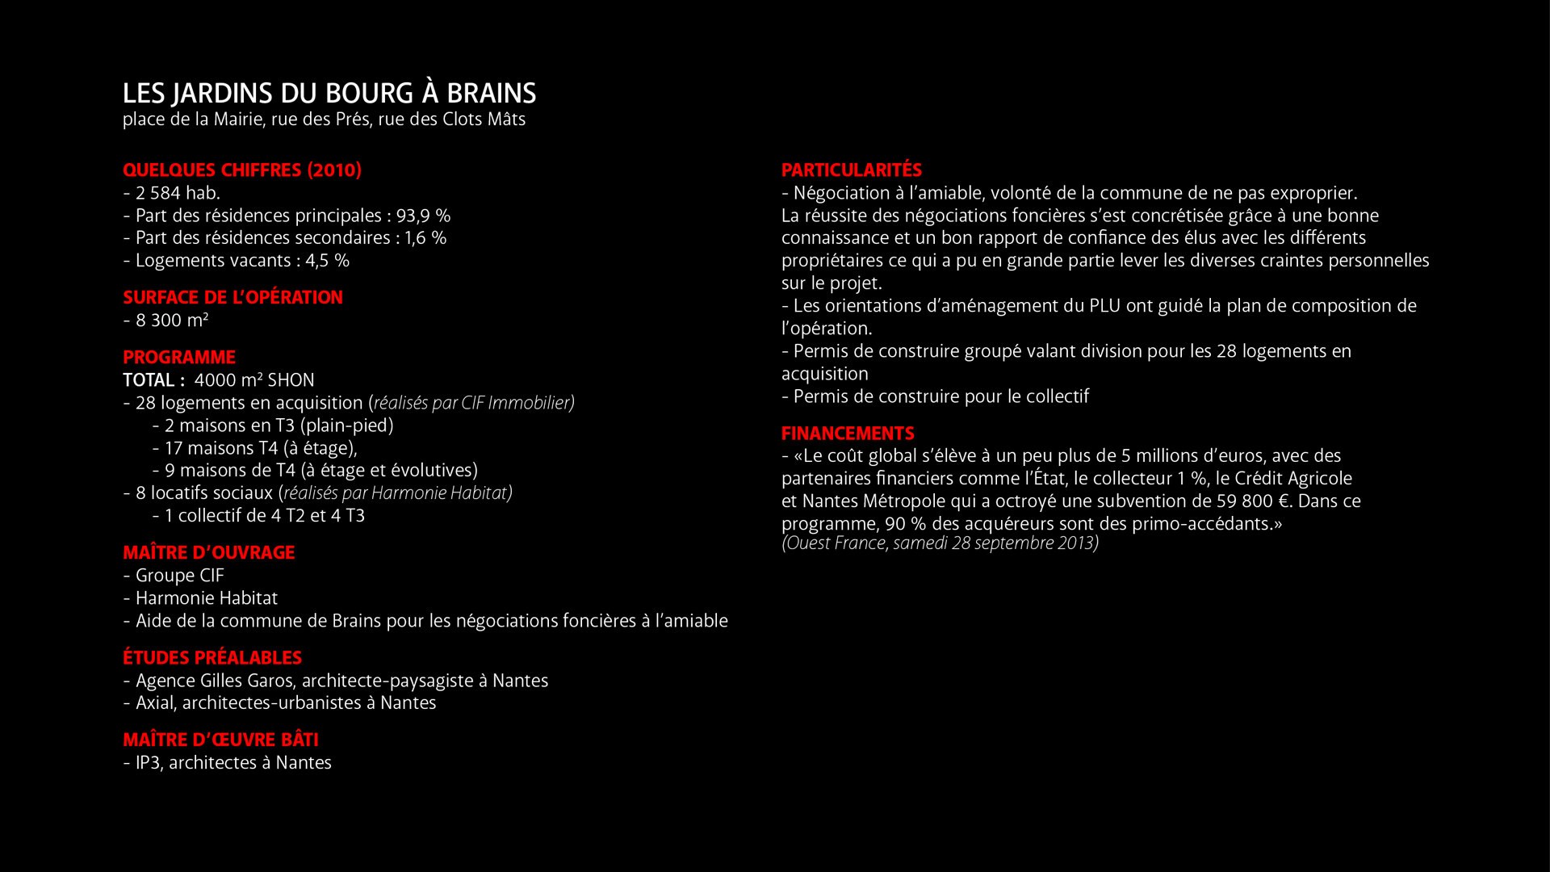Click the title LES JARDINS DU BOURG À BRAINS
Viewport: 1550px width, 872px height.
[x=329, y=94]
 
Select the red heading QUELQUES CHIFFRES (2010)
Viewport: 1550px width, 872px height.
[x=241, y=170]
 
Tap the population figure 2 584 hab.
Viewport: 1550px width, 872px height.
[x=177, y=193]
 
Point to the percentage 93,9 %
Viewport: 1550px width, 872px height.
[x=423, y=216]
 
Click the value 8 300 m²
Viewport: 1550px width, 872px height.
[x=171, y=321]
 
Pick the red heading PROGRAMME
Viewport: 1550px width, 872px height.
[x=179, y=358]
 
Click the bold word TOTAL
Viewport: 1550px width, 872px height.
[x=149, y=380]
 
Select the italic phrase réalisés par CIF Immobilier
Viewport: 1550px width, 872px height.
[x=472, y=403]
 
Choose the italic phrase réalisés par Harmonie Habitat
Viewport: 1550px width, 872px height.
[x=396, y=493]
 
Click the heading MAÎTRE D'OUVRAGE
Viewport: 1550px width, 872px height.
[x=208, y=553]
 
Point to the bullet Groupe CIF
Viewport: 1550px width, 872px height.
[x=179, y=576]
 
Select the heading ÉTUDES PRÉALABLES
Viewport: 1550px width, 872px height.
[x=212, y=658]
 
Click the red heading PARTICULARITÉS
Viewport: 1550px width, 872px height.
[x=851, y=170]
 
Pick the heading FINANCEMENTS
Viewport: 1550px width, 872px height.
[x=848, y=434]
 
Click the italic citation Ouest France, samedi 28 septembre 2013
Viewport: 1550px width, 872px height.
[x=940, y=543]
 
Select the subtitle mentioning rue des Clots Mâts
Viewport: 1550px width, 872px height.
[x=324, y=119]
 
